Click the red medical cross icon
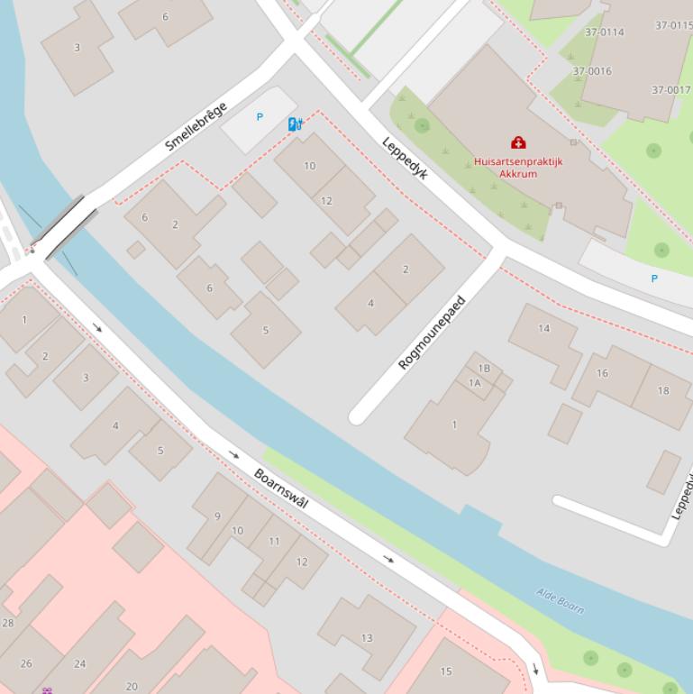pos(518,142)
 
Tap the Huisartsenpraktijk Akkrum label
pos(518,168)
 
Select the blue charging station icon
pos(295,124)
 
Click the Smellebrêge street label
pos(196,127)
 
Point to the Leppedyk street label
pos(405,158)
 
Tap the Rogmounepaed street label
pos(432,333)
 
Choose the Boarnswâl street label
pos(280,489)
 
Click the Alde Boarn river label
pos(560,600)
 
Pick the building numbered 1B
pos(484,368)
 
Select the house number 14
pos(543,328)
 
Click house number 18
pos(663,390)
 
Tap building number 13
pos(367,638)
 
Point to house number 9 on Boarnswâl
pos(217,516)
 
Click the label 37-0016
pos(592,71)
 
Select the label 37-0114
pos(604,32)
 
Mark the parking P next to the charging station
pos(260,117)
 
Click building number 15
pos(446,671)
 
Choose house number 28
pos(8,623)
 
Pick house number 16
pos(602,372)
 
